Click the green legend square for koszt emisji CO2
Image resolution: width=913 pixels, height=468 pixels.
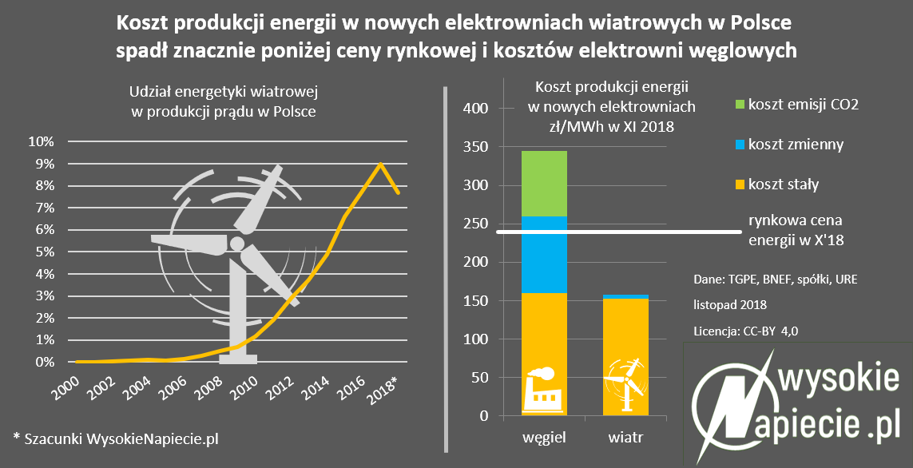738,104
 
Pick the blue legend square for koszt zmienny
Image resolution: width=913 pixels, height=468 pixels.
738,145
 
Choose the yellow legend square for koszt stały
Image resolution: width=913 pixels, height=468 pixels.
738,184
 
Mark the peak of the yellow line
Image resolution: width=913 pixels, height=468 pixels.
381,164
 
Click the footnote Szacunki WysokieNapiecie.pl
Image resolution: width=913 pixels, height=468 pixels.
116,438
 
